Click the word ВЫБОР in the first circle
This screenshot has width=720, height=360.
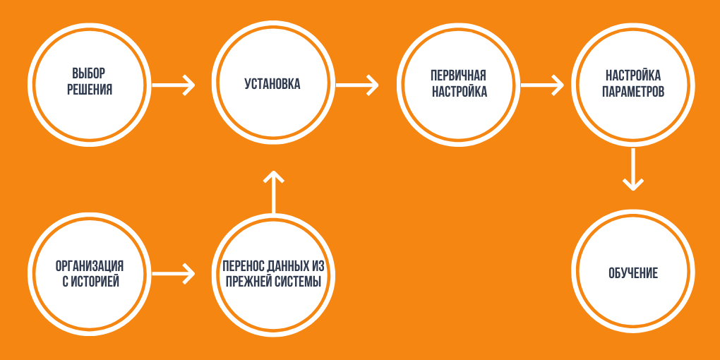click(90, 74)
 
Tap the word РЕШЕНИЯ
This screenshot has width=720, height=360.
click(90, 90)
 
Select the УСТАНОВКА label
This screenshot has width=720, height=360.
click(272, 84)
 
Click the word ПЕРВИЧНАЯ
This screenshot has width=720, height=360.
click(459, 76)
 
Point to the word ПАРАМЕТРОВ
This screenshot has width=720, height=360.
click(633, 92)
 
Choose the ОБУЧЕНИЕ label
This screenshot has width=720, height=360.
click(632, 273)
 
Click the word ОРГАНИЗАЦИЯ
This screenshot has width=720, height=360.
click(90, 266)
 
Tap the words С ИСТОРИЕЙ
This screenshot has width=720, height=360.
click(90, 282)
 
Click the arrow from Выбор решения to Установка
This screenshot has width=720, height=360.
click(174, 85)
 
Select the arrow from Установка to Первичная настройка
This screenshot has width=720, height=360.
click(357, 85)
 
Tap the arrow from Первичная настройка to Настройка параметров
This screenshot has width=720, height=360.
click(541, 85)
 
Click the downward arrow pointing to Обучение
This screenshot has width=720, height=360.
click(632, 169)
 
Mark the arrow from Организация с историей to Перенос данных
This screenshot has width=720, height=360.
click(174, 273)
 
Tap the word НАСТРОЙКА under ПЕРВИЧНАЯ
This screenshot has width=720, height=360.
click(459, 92)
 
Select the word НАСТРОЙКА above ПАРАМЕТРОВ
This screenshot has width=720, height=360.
click(633, 76)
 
